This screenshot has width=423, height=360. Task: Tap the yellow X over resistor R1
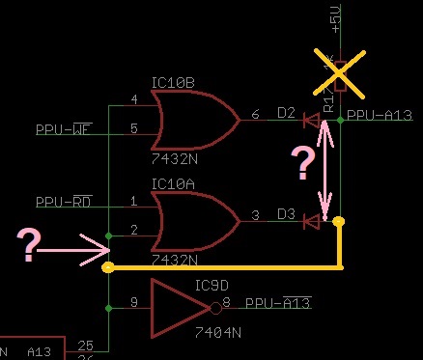click(x=340, y=78)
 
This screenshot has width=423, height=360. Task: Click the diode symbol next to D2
click(x=311, y=121)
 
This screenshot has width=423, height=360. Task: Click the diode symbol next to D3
click(x=311, y=221)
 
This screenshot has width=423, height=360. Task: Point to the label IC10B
click(x=174, y=84)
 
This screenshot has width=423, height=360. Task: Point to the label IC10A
click(x=174, y=183)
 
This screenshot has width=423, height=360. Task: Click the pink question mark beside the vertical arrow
click(x=303, y=165)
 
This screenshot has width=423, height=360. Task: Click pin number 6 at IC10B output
click(x=256, y=115)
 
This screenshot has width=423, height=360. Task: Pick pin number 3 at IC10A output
click(x=255, y=215)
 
